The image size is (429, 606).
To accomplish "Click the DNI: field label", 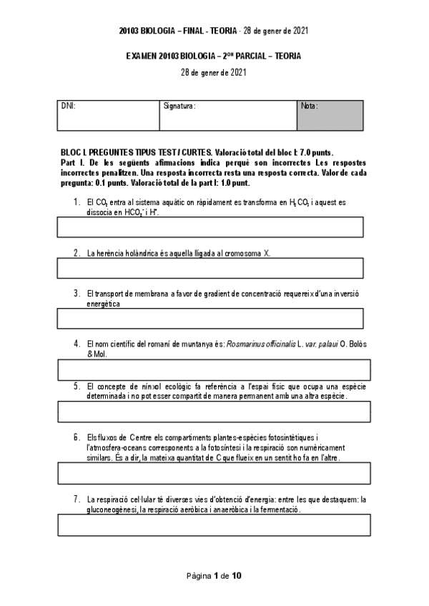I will tap(69, 106).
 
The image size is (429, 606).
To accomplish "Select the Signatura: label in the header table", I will tap(179, 106).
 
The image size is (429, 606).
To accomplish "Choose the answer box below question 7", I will tap(214, 525).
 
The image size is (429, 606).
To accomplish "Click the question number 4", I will tap(77, 343).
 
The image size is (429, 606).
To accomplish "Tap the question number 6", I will tap(77, 437).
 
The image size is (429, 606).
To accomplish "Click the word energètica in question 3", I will tap(104, 303).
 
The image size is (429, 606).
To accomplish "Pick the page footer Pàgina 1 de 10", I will tap(214, 575).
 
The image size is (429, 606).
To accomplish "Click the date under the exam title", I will tap(214, 71).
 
